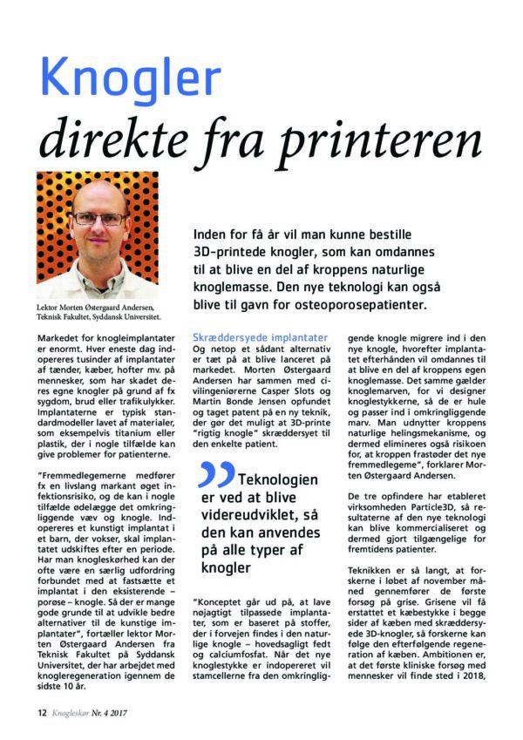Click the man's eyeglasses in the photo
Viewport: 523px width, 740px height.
pyautogui.click(x=98, y=218)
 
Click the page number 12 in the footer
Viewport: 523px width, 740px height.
pyautogui.click(x=41, y=711)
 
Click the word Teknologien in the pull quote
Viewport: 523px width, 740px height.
pyautogui.click(x=279, y=479)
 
